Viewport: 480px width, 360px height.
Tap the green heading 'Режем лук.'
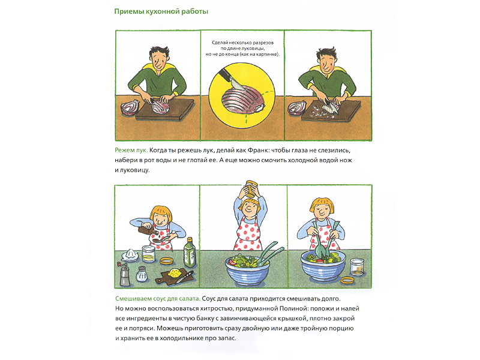pyautogui.click(x=131, y=151)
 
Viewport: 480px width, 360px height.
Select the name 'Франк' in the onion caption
pyautogui.click(x=258, y=151)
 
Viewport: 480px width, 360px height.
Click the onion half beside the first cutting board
pyautogui.click(x=130, y=107)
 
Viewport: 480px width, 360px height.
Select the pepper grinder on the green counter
pyautogui.click(x=124, y=274)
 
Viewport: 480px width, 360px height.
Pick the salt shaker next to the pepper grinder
pyautogui.click(x=142, y=274)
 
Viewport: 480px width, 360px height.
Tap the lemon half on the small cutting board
pyautogui.click(x=175, y=273)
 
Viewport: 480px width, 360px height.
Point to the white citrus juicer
pyautogui.click(x=130, y=255)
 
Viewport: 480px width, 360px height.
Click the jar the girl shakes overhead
pyautogui.click(x=251, y=189)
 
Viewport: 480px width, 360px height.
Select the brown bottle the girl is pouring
pyautogui.click(x=148, y=230)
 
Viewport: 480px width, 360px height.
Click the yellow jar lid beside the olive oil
pyautogui.click(x=167, y=261)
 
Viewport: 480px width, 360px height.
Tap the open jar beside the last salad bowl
pyautogui.click(x=357, y=266)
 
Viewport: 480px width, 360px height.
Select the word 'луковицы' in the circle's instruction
pyautogui.click(x=253, y=49)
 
